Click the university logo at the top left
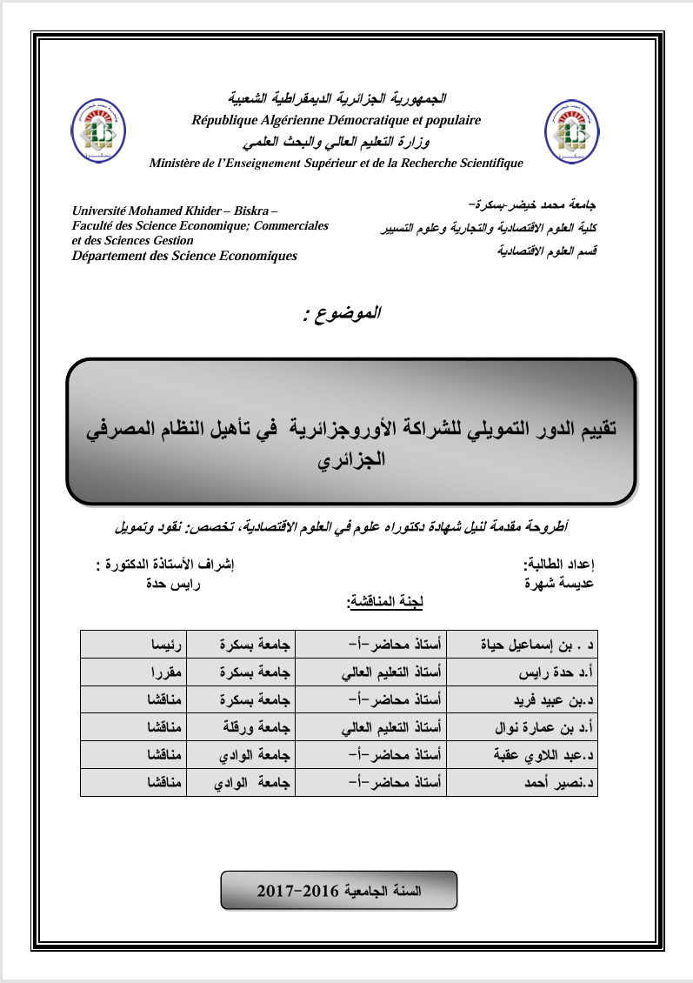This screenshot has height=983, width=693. [97, 130]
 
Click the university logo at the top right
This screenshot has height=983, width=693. [571, 130]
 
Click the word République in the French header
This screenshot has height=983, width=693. [228, 121]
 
